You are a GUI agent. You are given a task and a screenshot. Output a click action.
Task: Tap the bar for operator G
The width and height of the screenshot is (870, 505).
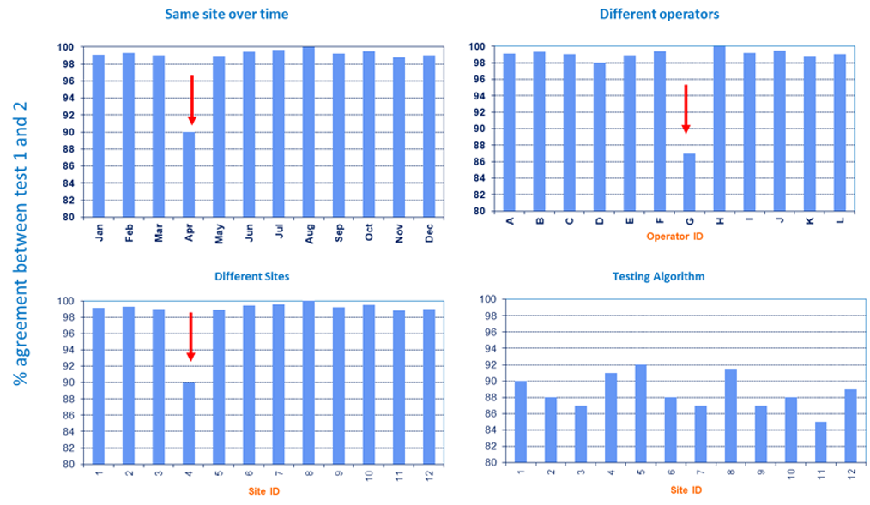coord(689,182)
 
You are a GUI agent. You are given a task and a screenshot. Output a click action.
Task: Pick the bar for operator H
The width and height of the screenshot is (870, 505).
coord(719,129)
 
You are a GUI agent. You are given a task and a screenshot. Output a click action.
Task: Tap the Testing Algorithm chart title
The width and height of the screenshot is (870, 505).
coord(658,276)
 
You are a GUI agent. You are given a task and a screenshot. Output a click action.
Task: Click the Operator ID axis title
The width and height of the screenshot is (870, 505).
coord(674,236)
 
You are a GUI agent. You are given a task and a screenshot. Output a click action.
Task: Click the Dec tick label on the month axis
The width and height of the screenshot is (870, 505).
coord(429,232)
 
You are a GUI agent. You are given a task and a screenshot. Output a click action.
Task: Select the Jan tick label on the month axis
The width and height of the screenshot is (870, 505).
coord(100,232)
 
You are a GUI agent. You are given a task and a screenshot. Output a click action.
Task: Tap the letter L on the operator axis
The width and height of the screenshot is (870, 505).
coord(840,221)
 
